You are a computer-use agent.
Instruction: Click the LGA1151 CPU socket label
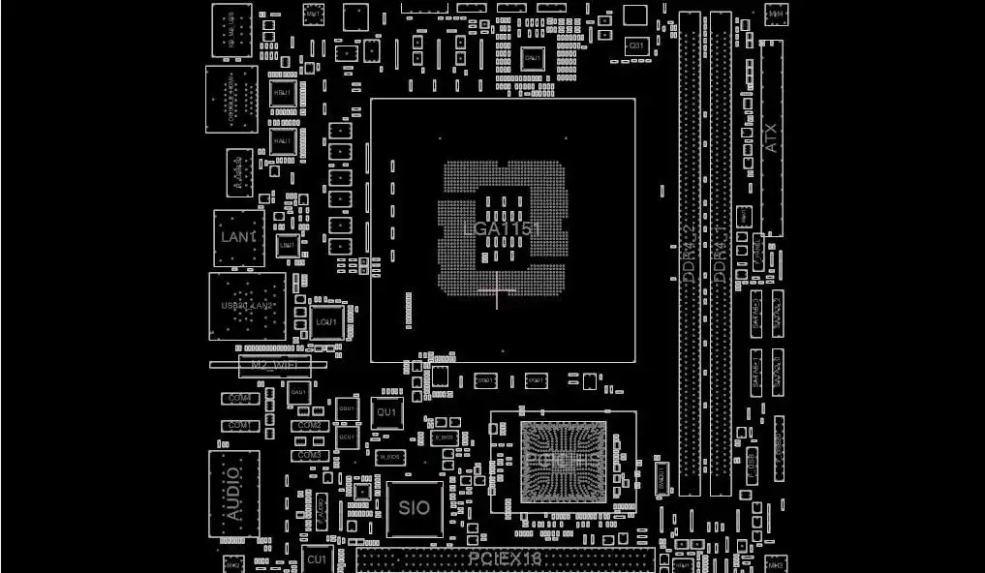[x=501, y=229]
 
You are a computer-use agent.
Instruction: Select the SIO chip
[x=415, y=508]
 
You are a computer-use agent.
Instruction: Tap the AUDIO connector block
[x=233, y=494]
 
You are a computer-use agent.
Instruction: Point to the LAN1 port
[x=238, y=237]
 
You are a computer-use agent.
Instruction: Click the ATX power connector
[x=771, y=138]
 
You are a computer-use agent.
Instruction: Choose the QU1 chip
[x=386, y=412]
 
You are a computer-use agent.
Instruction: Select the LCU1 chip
[x=326, y=321]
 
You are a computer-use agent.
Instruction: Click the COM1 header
[x=239, y=426]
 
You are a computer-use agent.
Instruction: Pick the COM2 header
[x=309, y=426]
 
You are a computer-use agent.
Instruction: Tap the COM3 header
[x=309, y=455]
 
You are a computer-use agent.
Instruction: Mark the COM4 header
[x=239, y=398]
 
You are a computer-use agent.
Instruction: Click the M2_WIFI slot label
[x=274, y=365]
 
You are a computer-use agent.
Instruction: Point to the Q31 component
[x=636, y=45]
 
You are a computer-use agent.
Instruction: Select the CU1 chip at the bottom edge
[x=317, y=559]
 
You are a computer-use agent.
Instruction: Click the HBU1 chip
[x=282, y=93]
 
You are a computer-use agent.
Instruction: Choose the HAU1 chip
[x=282, y=140]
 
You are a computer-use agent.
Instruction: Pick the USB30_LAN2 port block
[x=247, y=306]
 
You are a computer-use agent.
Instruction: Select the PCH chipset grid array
[x=563, y=462]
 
